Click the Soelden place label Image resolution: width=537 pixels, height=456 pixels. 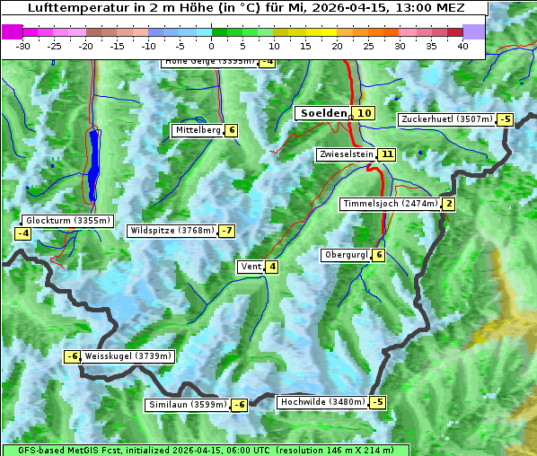323,113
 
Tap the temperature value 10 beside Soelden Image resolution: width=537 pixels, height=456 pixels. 364,113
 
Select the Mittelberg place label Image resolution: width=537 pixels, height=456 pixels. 198,130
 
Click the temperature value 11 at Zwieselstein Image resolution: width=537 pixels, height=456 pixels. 387,154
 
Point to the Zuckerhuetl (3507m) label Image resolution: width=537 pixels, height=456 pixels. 447,119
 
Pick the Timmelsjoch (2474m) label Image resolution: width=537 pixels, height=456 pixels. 390,204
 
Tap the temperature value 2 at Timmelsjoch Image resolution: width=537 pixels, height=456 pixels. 449,204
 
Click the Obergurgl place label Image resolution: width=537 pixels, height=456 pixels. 346,255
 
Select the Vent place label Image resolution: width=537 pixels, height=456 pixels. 251,267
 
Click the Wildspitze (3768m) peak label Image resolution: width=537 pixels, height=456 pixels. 172,231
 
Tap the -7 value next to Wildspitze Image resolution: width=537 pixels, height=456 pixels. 226,231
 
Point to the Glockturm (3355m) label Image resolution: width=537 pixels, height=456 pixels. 67,221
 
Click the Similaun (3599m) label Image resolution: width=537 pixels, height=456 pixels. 187,405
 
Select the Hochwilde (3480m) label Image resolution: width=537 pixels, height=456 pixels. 322,402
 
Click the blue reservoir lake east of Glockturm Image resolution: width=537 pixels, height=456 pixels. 94,164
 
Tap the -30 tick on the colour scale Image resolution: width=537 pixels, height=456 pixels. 23,46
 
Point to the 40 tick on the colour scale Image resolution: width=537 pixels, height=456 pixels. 462,46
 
